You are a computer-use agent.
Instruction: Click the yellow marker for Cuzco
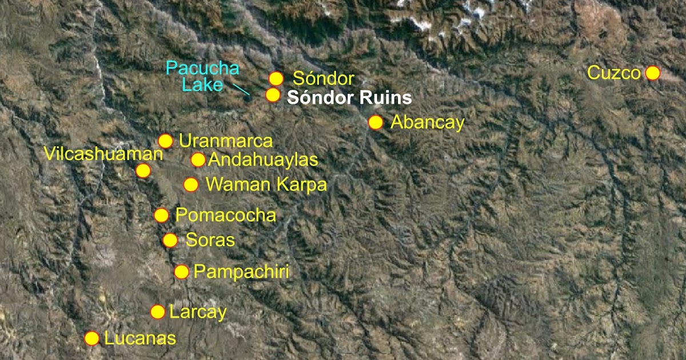coord(652,73)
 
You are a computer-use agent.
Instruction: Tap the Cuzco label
coord(614,74)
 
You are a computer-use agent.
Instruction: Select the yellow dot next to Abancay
coord(376,122)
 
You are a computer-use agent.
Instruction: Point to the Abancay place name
coord(427,123)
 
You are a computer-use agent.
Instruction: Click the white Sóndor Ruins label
coord(349,98)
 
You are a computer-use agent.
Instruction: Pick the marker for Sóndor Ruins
coord(273,95)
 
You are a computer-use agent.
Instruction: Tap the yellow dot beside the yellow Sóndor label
coord(276,79)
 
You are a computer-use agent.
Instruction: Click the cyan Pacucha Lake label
coord(202,77)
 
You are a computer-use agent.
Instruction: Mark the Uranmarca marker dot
coord(165,141)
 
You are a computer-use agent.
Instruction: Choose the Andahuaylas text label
coord(263,160)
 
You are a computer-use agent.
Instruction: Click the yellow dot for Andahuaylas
coord(198,160)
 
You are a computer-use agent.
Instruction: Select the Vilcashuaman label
coord(103,154)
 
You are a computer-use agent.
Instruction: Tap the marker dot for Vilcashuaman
coord(143,170)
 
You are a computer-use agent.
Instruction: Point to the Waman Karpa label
coord(266,185)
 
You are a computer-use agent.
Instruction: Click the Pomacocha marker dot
coord(162,215)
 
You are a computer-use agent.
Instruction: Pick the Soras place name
coord(210,240)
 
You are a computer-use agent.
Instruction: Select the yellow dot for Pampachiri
coord(181,272)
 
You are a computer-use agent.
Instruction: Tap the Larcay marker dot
coord(158,311)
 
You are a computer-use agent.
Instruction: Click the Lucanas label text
coord(139,338)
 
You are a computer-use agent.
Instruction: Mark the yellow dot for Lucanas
coord(91,338)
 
